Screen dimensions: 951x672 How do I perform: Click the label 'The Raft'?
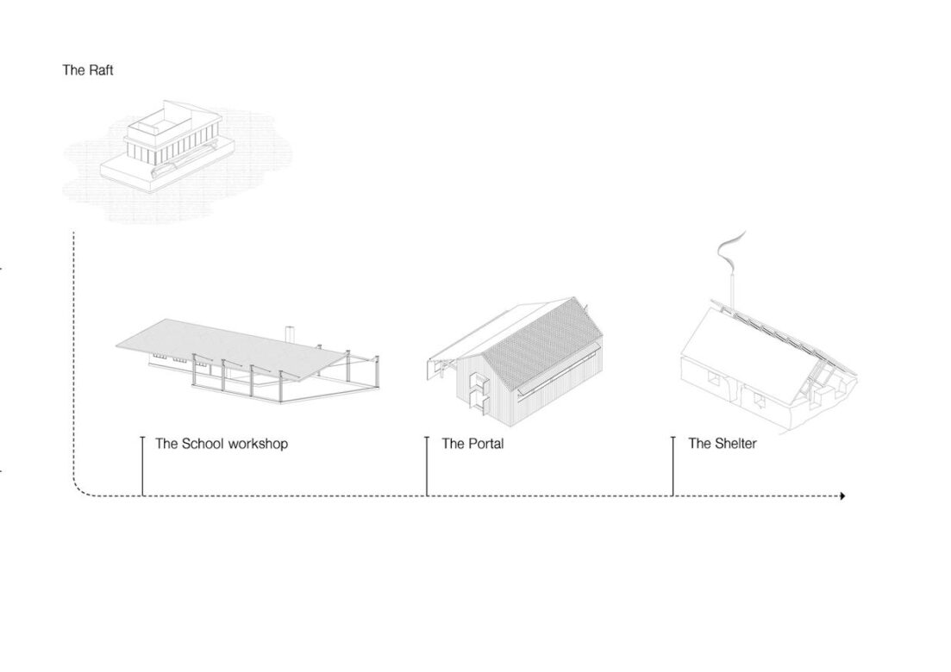coord(88,71)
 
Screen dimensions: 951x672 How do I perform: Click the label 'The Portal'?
coord(473,444)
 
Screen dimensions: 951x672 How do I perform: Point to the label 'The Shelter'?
coord(723,444)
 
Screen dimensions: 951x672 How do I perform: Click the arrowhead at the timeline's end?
coord(842,496)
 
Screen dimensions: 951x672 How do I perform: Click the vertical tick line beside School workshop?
coord(142,466)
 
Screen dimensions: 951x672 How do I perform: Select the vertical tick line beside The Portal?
coord(427,466)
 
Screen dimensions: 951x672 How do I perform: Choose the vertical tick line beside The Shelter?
coord(673,466)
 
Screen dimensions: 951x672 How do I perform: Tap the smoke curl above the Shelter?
coord(731,251)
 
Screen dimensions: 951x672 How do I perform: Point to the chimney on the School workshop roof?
coord(290,334)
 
